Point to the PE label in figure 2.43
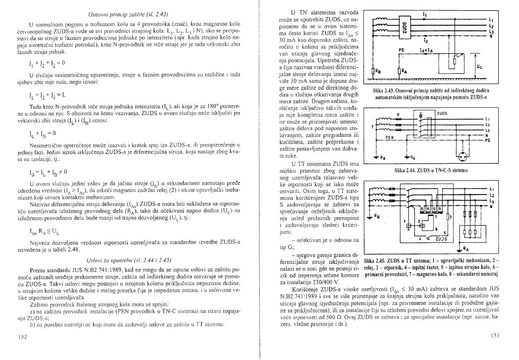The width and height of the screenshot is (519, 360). pos(401,50)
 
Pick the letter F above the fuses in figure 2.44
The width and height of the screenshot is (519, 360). pos(398,114)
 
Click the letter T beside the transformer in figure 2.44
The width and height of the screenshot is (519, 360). pos(372,127)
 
